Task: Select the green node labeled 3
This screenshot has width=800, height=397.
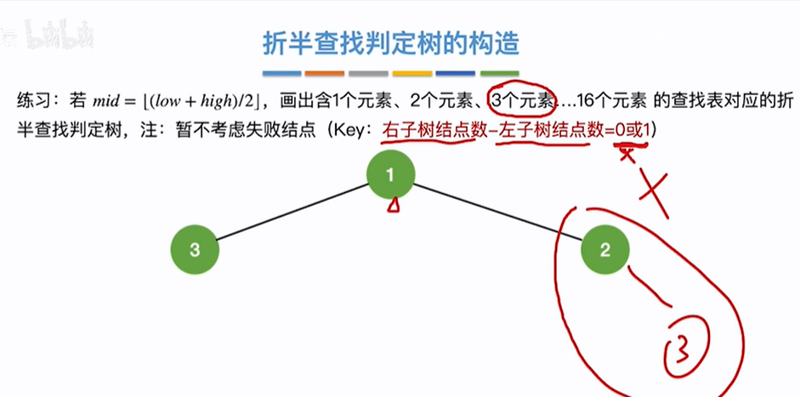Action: (x=195, y=250)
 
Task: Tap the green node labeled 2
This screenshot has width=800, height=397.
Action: (x=604, y=250)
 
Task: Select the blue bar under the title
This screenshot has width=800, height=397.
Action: (x=282, y=74)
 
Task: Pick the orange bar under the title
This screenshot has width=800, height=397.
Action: (x=325, y=74)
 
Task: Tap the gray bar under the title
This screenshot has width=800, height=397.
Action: (x=368, y=74)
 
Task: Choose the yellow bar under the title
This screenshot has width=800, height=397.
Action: (x=412, y=74)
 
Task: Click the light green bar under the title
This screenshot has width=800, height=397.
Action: (x=500, y=74)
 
